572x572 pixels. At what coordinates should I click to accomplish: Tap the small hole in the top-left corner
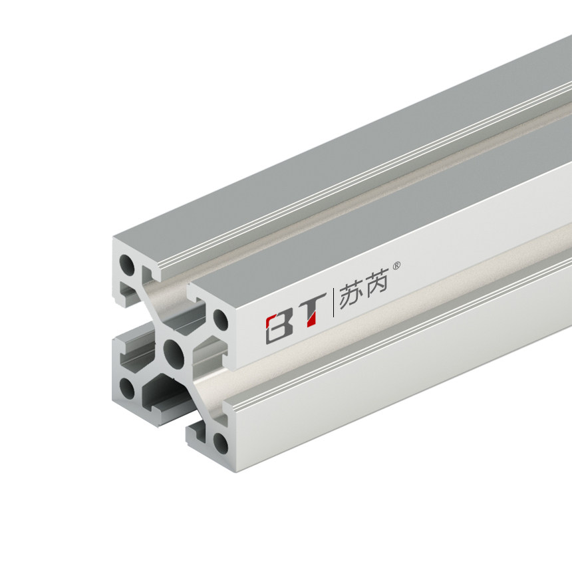pyautogui.click(x=126, y=265)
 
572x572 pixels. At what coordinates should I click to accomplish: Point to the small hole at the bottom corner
pyautogui.click(x=220, y=441)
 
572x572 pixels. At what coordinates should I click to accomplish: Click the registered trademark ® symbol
pyautogui.click(x=397, y=265)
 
